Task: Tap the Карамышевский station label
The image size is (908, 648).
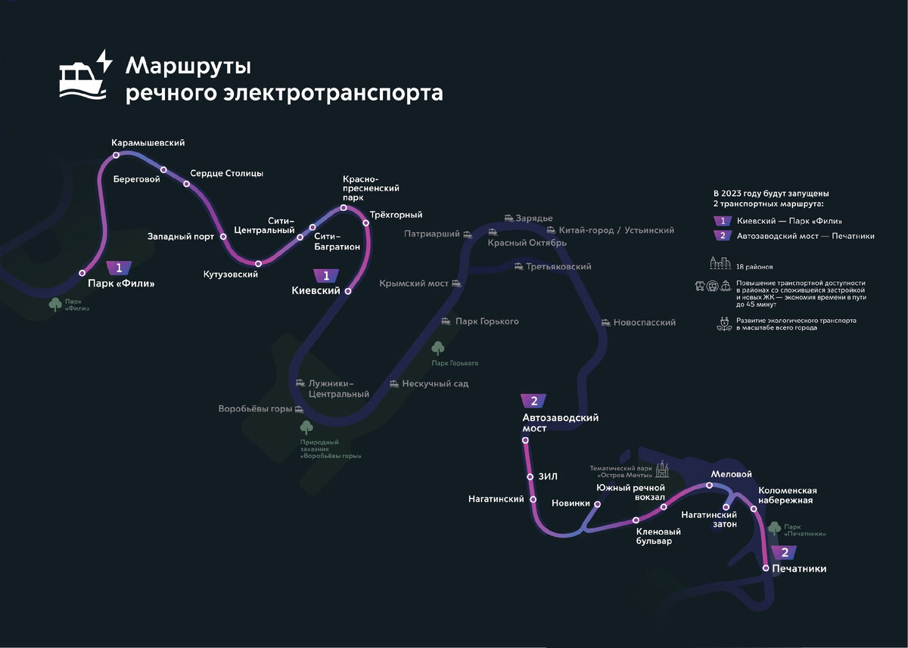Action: coord(148,142)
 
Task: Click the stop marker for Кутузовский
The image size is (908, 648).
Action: coord(259,263)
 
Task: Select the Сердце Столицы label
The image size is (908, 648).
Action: coord(226,173)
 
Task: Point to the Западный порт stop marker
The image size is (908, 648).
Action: coord(223,237)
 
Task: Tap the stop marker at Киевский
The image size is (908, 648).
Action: coord(348,290)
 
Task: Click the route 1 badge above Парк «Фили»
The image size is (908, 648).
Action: coord(119,267)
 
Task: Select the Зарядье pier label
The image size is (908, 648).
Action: coord(534,219)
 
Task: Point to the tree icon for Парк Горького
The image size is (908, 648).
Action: coord(437,348)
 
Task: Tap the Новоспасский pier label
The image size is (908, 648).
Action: coord(644,322)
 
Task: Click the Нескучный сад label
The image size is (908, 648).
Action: coord(435,383)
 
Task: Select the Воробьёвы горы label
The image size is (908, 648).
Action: coord(255,409)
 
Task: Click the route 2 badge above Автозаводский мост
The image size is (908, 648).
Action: coord(534,402)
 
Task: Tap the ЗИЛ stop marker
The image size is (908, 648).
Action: coord(530,476)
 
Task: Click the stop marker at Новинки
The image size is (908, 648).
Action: coord(597,504)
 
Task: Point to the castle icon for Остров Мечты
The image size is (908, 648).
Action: coord(663,469)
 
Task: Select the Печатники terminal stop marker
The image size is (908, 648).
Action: coord(766,568)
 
